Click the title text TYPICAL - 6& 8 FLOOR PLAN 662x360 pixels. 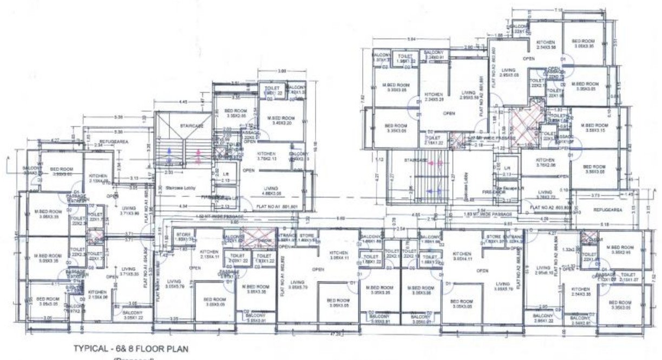[130, 349]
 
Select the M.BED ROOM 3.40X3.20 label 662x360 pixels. [281, 121]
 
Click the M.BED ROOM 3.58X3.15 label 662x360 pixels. [593, 127]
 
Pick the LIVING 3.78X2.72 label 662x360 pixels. [545, 194]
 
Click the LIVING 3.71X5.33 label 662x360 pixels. [128, 271]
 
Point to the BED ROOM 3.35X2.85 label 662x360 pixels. [235, 113]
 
